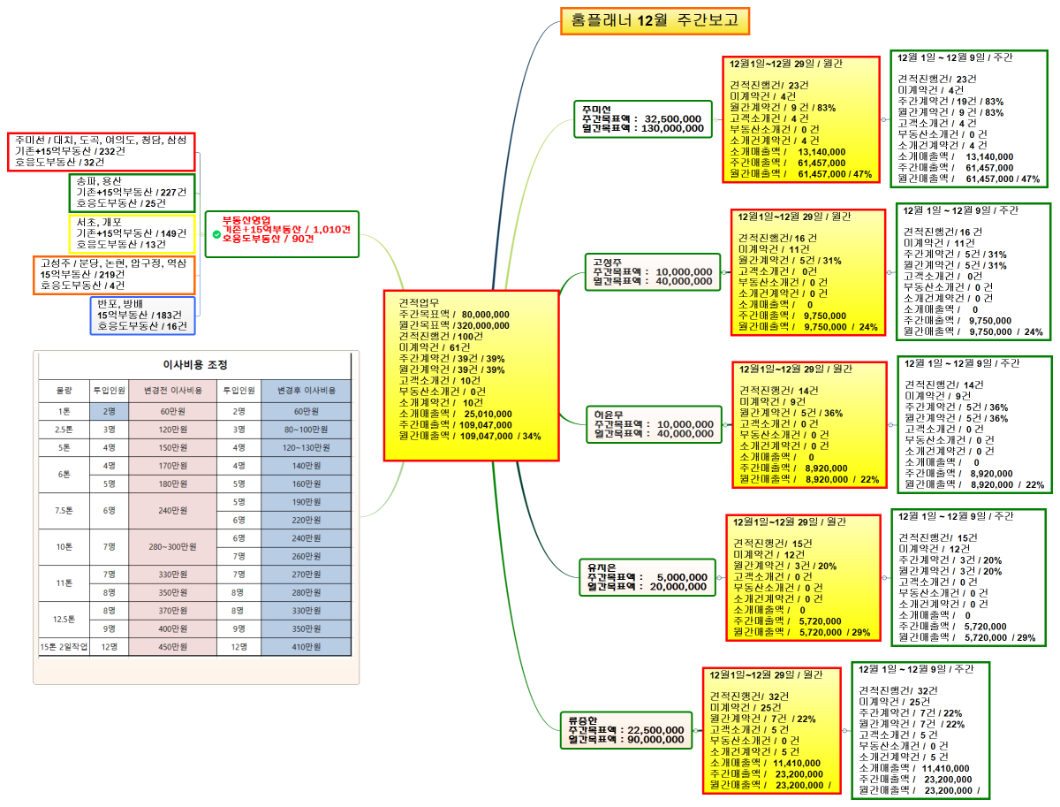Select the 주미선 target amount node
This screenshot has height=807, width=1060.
[x=642, y=118]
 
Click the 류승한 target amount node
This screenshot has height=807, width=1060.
[x=626, y=730]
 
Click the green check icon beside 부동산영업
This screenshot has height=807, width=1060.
[x=216, y=234]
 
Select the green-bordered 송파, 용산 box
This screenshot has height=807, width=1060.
[x=131, y=192]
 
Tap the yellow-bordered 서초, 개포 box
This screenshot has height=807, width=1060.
[x=131, y=233]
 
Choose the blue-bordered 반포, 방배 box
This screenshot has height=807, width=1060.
[x=143, y=315]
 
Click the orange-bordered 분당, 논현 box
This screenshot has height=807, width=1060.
[x=114, y=275]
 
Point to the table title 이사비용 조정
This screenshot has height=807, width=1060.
[x=195, y=364]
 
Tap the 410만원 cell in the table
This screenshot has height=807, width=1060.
[x=306, y=647]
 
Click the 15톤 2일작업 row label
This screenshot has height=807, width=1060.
[x=64, y=647]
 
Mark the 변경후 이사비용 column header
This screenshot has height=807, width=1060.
[x=306, y=390]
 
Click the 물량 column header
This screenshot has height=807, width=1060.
[x=64, y=390]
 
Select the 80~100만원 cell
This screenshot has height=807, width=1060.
[x=306, y=430]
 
